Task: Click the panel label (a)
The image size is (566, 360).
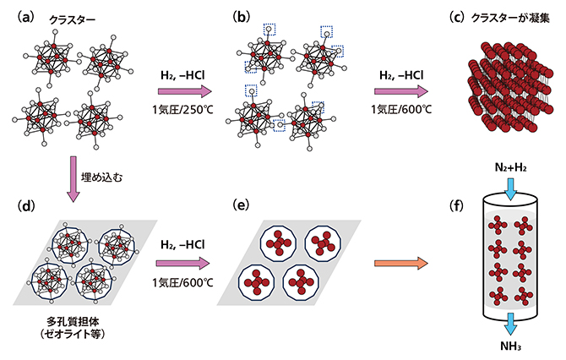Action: (x=18, y=12)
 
